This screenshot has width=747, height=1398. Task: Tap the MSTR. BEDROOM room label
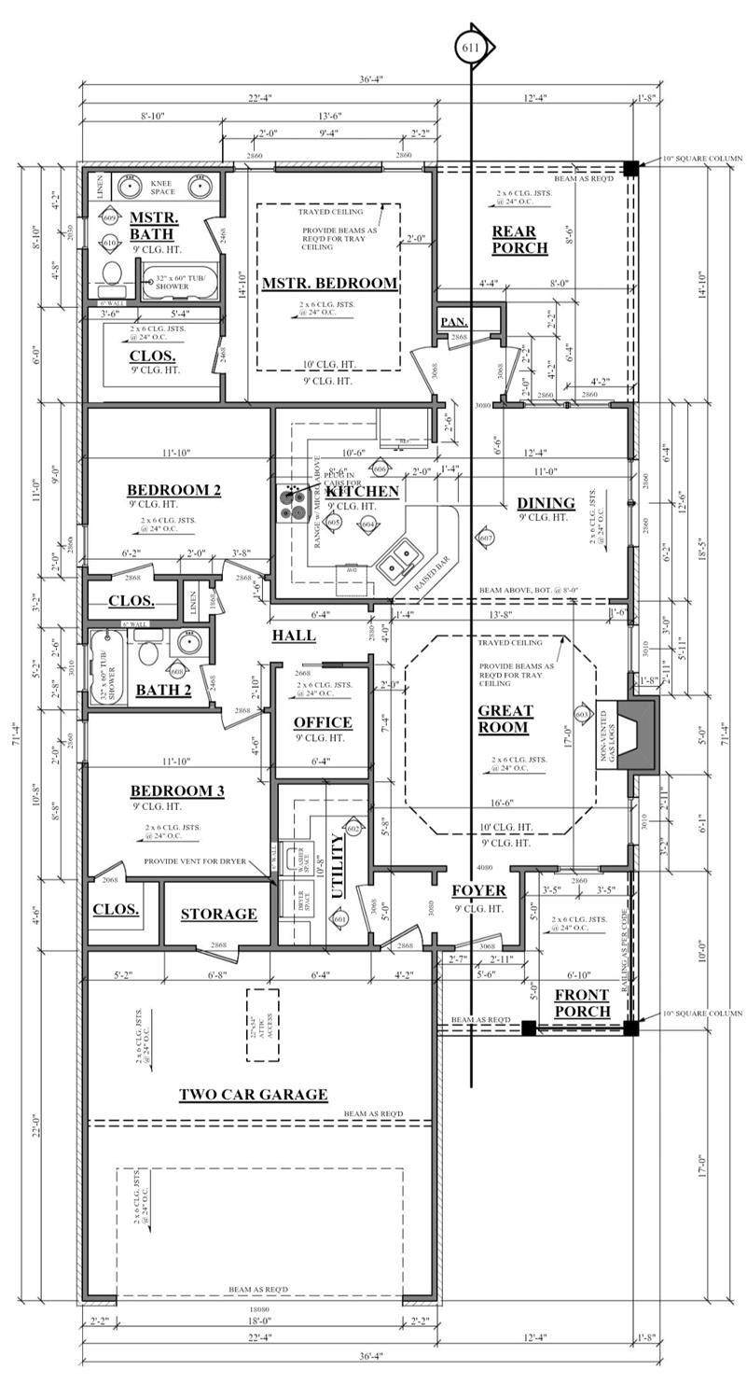click(x=329, y=283)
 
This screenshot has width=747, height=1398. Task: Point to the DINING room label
click(x=546, y=504)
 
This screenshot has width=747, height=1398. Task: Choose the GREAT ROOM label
click(x=504, y=719)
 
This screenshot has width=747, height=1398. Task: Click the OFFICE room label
click(x=323, y=722)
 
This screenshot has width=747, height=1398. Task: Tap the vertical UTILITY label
click(x=338, y=866)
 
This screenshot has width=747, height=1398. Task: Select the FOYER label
click(x=478, y=890)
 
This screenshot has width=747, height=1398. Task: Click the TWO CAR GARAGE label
click(x=253, y=1095)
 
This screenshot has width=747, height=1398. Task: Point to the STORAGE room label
click(x=218, y=914)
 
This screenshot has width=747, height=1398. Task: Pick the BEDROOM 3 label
click(x=176, y=791)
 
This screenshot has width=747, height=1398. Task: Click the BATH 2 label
click(x=164, y=691)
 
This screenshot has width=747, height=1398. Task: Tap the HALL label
click(x=294, y=636)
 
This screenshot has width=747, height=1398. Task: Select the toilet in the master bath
click(x=112, y=273)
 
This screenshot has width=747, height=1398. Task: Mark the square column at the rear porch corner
click(x=631, y=168)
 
